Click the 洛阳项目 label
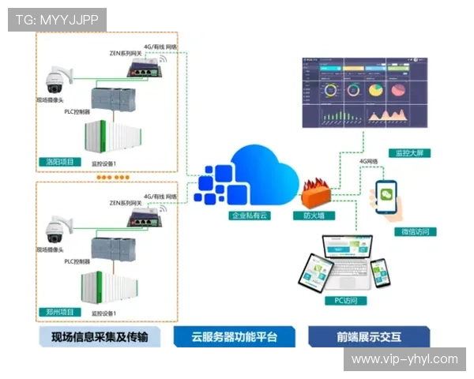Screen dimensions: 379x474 pos(61,162)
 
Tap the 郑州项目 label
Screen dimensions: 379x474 pos(61,312)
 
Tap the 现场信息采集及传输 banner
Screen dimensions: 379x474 pos(100,337)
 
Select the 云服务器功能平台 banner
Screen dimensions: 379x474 pos(235,337)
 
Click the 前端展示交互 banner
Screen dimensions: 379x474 pos(369,337)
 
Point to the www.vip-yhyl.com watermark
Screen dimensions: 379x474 pos(404,359)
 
